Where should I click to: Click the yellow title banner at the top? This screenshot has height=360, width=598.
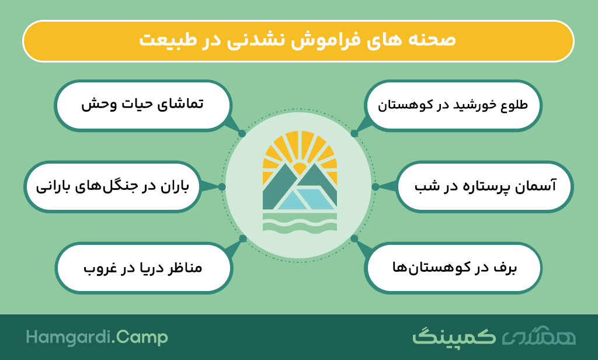tap(298, 41)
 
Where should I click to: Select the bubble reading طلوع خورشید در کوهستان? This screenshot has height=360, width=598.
tap(453, 105)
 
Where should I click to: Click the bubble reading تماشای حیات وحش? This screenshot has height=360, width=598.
tap(143, 105)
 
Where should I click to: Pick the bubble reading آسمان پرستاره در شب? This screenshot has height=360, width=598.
tap(485, 186)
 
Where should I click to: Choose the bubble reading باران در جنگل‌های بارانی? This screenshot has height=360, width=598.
tap(113, 186)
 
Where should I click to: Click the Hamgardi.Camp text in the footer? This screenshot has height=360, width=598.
tap(97, 338)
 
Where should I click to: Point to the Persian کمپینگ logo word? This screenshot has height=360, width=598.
tap(454, 336)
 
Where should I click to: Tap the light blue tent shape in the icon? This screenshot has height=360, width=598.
tap(305, 199)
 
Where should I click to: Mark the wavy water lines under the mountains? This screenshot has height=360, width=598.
tap(300, 223)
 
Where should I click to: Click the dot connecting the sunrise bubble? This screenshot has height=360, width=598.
tap(354, 134)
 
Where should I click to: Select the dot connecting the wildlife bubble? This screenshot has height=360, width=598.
tap(242, 134)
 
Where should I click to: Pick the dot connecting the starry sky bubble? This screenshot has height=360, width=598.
tap(376, 186)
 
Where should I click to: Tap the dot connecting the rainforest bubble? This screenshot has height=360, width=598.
tap(221, 186)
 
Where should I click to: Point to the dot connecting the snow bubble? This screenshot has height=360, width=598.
tap(354, 238)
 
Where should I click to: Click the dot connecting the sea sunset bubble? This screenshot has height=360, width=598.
tap(242, 238)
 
